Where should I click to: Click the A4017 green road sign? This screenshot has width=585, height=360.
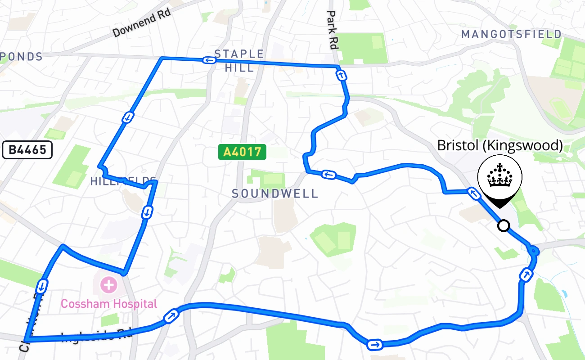(x=242, y=152)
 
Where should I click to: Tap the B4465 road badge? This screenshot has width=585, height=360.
(x=27, y=150)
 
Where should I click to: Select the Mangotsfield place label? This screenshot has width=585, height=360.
(x=512, y=34)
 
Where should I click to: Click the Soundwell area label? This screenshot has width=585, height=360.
(x=275, y=193)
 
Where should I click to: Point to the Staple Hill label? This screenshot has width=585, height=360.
(x=239, y=60)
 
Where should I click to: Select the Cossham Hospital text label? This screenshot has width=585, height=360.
(x=109, y=304)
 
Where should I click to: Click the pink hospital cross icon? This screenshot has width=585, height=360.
(x=108, y=284)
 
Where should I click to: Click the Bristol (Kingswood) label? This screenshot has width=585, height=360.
(x=500, y=145)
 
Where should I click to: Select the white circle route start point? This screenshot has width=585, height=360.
(x=504, y=225)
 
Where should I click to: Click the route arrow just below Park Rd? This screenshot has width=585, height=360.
(x=342, y=76)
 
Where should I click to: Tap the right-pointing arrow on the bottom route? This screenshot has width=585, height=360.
(x=374, y=345)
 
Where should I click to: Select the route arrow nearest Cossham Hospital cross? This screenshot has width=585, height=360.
(x=41, y=285)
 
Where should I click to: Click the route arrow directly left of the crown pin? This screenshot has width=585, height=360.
(x=472, y=193)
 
